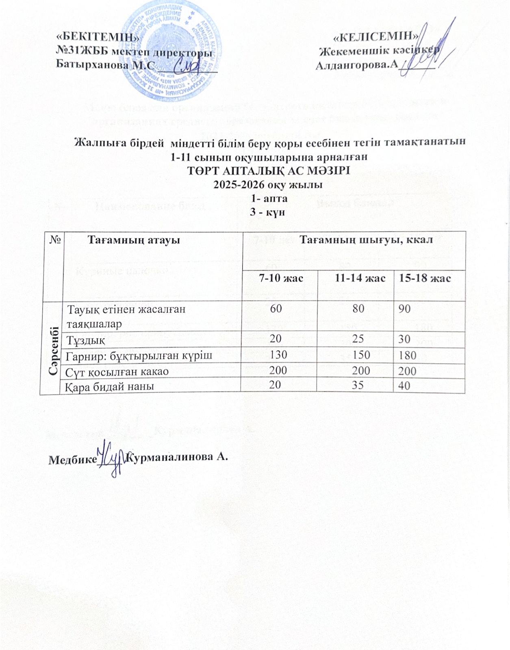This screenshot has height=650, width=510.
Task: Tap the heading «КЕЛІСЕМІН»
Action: [376, 37]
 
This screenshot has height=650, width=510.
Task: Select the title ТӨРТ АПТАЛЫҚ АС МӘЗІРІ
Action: [269, 169]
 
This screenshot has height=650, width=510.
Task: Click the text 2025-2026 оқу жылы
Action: [269, 184]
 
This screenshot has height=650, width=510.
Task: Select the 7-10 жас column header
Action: [281, 278]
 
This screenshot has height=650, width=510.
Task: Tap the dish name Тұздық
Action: [86, 339]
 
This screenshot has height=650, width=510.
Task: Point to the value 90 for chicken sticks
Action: [404, 309]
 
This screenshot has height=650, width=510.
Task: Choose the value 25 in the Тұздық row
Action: [358, 339]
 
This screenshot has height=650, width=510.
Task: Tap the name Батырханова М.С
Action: [105, 65]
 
